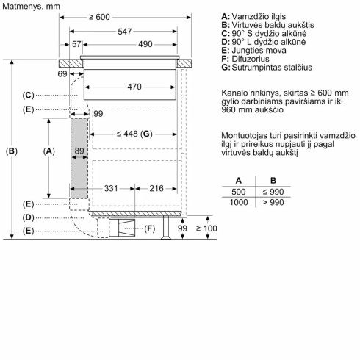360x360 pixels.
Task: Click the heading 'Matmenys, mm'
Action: (31, 5)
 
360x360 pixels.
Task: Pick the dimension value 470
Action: (133, 87)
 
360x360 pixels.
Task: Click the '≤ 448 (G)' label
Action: (133, 134)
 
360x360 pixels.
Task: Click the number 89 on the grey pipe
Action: (80, 151)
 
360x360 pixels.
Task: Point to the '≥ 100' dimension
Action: (209, 230)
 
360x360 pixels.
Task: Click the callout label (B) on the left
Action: (12, 151)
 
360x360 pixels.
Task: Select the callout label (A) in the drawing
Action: (50, 151)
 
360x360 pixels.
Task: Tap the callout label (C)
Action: (28, 95)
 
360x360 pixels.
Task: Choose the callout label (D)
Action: (28, 217)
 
